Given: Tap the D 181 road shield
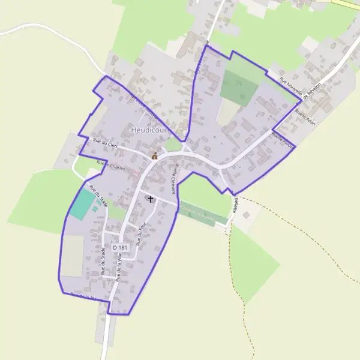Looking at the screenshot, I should (120, 248).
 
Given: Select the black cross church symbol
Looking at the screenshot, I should (150, 199).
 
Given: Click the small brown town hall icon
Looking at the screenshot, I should (154, 156).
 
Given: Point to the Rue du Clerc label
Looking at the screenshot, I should (106, 143).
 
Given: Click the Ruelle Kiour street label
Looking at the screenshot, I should (283, 139).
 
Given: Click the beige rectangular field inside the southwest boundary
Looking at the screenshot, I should (73, 255).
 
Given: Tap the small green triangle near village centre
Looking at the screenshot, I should (173, 145).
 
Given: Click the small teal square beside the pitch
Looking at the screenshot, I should (96, 209).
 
